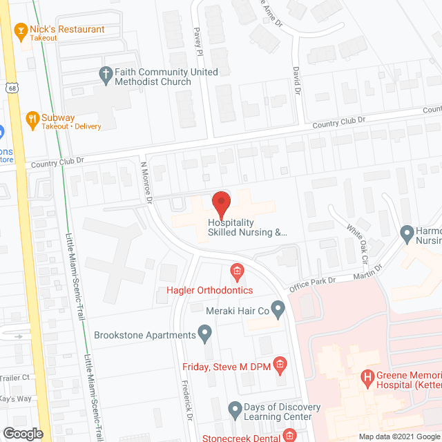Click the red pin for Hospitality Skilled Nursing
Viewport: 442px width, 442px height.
pyautogui.click(x=220, y=202)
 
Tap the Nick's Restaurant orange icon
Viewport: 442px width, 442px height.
pyautogui.click(x=20, y=30)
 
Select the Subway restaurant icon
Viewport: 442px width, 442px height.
pyautogui.click(x=31, y=119)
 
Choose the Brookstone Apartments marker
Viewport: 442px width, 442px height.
pyautogui.click(x=204, y=336)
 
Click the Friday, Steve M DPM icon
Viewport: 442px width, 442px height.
pyautogui.click(x=280, y=363)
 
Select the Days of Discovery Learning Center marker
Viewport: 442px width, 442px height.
pyautogui.click(x=235, y=408)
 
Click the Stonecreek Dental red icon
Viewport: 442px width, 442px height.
pyautogui.click(x=289, y=436)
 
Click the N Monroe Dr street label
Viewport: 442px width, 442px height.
pyautogui.click(x=147, y=183)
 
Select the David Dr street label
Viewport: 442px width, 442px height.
pyautogui.click(x=296, y=80)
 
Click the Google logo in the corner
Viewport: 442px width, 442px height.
pyautogui.click(x=23, y=433)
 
